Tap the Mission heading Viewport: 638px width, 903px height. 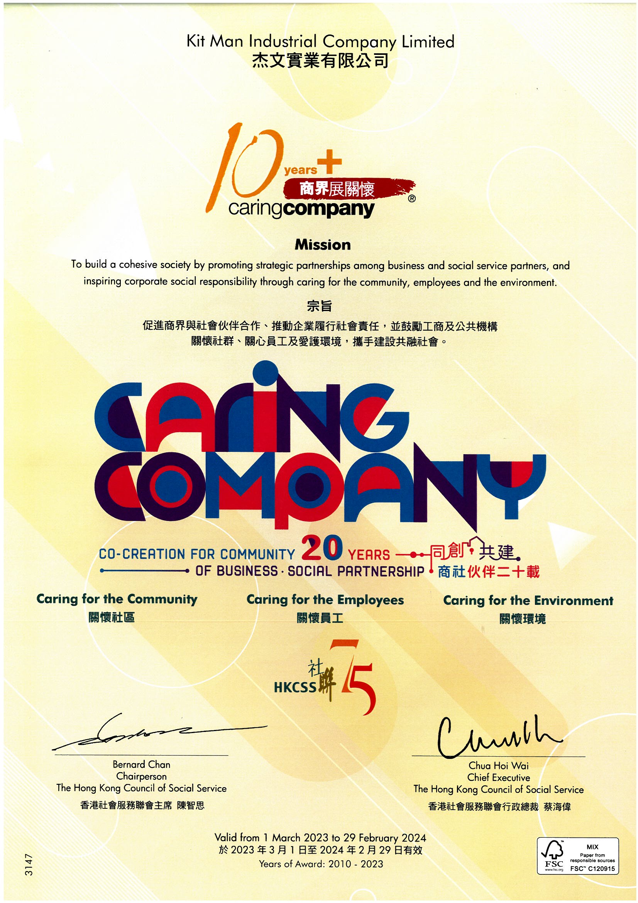(x=322, y=245)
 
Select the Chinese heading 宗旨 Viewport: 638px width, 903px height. (x=319, y=306)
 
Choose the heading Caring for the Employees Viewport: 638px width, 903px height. (x=325, y=600)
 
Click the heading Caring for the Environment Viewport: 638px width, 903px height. (x=528, y=601)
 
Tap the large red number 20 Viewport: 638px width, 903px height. (x=322, y=550)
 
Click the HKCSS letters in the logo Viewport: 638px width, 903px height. (x=295, y=687)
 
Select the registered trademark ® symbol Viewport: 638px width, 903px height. (x=411, y=199)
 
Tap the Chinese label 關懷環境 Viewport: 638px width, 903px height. (x=523, y=619)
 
